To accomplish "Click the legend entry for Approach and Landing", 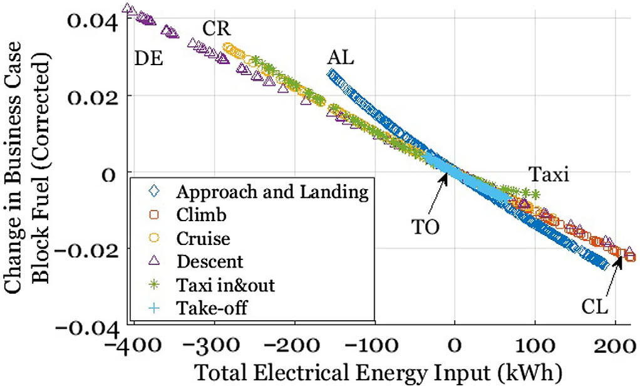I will click(x=271, y=192).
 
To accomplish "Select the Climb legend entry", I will click(x=201, y=215).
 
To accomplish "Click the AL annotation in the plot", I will click(x=340, y=58).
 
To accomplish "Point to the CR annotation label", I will click(x=217, y=29).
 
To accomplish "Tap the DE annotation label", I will click(x=148, y=59).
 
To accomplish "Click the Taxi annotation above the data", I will click(x=548, y=174).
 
